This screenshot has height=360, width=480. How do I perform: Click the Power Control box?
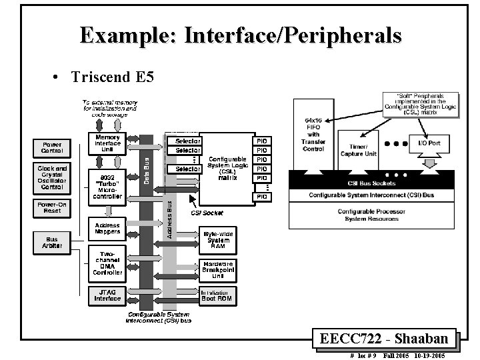click(x=52, y=147)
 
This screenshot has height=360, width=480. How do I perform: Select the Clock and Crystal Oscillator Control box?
click(x=52, y=178)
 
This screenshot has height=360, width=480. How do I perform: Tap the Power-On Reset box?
click(x=52, y=208)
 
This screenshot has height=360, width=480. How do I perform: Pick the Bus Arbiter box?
click(x=52, y=242)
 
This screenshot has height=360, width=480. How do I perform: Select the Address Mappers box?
click(x=107, y=229)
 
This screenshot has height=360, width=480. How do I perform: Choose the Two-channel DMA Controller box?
click(x=107, y=264)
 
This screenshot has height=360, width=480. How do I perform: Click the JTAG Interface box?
click(x=107, y=295)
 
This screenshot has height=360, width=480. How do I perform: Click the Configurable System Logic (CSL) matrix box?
click(x=227, y=167)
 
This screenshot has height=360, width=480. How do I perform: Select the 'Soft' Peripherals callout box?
click(x=421, y=104)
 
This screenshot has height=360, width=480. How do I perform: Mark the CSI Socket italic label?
click(x=207, y=213)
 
